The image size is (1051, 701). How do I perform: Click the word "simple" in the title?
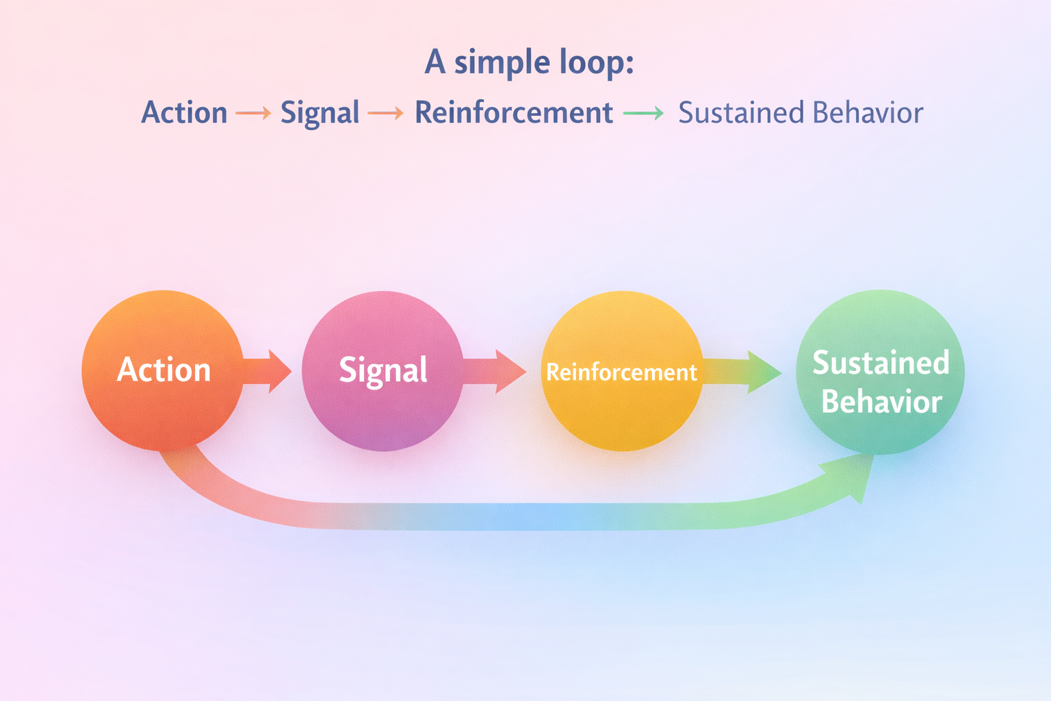tap(502, 63)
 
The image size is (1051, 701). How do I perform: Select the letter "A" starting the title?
tap(435, 62)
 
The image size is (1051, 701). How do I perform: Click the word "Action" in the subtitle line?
tap(184, 113)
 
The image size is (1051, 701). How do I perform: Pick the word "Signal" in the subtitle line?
tap(320, 113)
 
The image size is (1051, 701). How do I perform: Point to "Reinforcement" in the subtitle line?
tap(513, 113)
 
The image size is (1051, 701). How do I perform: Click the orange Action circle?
tap(162, 370)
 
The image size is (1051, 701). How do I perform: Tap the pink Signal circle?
tap(382, 370)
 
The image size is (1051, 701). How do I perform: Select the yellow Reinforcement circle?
tap(621, 370)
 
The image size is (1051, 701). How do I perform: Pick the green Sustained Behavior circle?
tap(880, 372)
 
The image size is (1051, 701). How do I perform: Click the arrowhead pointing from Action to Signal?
tap(278, 371)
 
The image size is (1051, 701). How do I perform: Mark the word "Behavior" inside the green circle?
tap(881, 402)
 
